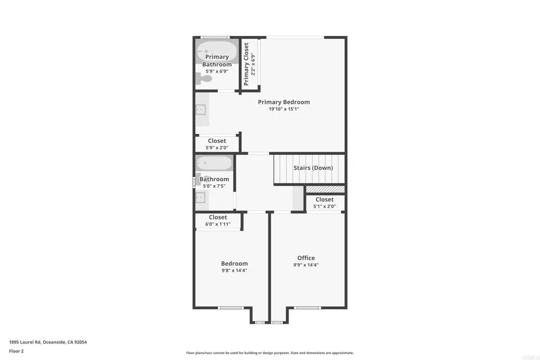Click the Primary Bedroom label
click(284, 102)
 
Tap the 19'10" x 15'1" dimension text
click(284, 109)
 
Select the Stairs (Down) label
click(313, 168)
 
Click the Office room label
click(306, 258)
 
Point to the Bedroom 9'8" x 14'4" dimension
click(234, 270)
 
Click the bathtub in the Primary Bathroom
click(217, 52)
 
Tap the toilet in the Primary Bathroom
click(205, 79)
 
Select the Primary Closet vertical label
click(246, 64)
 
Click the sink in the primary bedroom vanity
click(200, 110)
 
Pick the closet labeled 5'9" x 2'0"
click(217, 144)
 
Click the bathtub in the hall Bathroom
click(214, 163)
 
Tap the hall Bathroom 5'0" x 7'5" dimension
click(214, 186)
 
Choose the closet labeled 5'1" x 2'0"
click(324, 202)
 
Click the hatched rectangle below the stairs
click(325, 189)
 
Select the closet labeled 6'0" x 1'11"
click(218, 220)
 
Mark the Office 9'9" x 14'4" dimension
click(306, 265)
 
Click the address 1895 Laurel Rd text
click(48, 342)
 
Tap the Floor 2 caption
click(16, 351)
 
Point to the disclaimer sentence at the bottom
click(269, 353)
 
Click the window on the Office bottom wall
click(307, 307)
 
